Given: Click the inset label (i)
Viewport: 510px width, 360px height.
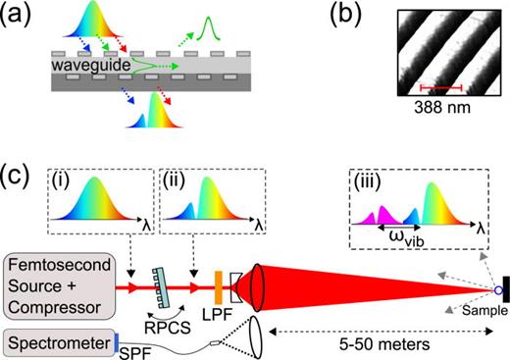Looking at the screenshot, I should click(x=62, y=180).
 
